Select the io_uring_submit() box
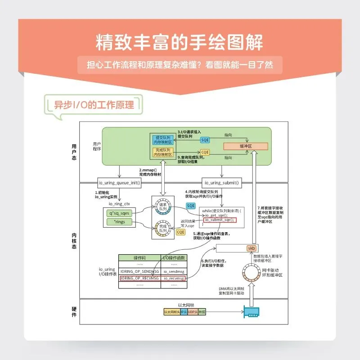point(221,183)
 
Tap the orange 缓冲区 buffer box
point(246,146)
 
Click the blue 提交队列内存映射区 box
point(162,139)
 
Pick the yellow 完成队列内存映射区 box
point(162,152)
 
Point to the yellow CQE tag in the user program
point(205,152)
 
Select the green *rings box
point(119,222)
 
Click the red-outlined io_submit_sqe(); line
point(220,220)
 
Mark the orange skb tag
point(251,248)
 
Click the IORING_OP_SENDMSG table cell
point(139,271)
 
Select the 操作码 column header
point(139,258)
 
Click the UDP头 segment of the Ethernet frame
point(193,312)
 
